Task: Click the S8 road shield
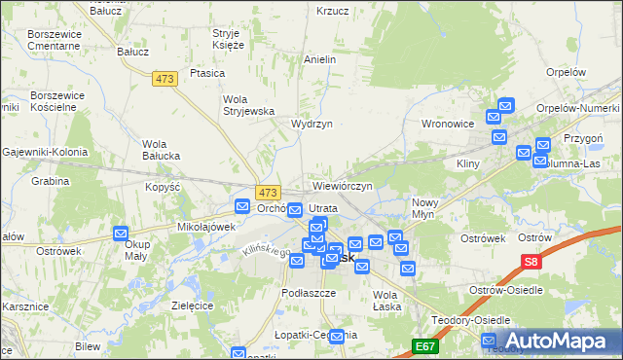531,262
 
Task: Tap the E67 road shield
423,345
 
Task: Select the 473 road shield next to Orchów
269,193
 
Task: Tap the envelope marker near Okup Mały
121,234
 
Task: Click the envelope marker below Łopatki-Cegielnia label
337,337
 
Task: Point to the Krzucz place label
332,11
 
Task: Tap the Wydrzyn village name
311,125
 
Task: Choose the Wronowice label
447,125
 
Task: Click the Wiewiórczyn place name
343,185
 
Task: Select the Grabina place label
50,181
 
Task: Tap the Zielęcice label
192,305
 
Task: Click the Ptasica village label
208,73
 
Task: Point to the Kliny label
469,163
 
